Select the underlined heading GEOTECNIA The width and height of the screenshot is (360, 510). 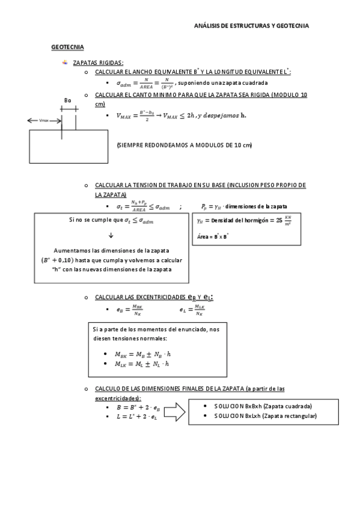[67, 47]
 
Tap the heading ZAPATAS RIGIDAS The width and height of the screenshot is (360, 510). [98, 63]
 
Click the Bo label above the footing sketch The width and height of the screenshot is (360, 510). [68, 100]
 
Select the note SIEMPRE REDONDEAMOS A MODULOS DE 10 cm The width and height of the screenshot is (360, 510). [185, 146]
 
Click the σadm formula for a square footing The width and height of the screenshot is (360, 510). [144, 84]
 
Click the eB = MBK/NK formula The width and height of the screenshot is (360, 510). [130, 310]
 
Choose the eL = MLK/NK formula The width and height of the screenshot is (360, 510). [191, 310]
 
